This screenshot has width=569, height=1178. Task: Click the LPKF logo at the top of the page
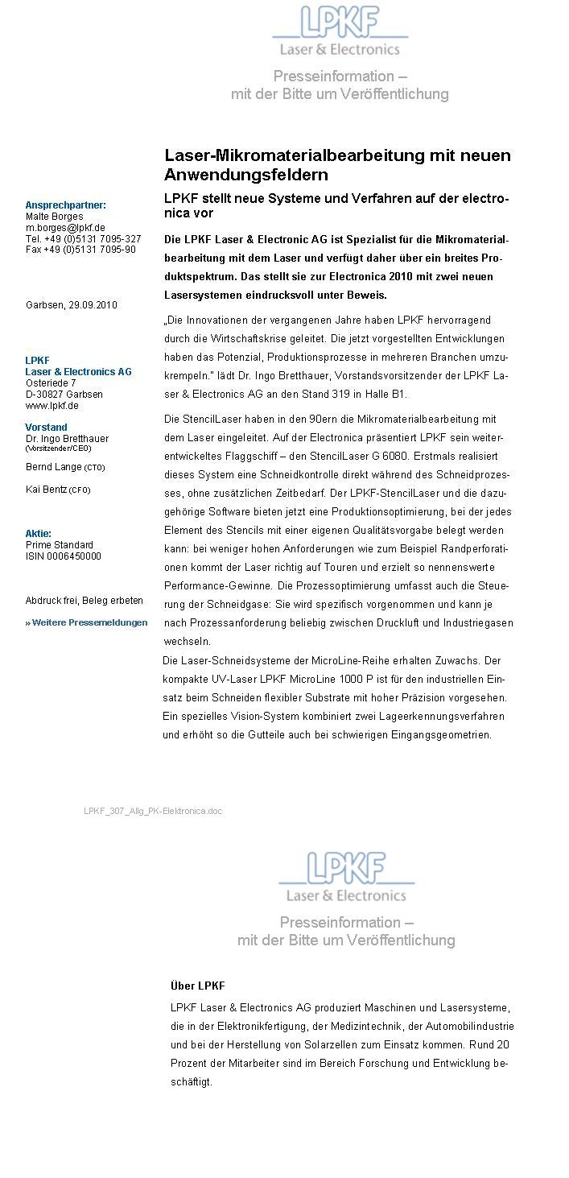[x=340, y=31]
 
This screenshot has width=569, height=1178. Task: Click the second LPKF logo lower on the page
[x=346, y=877]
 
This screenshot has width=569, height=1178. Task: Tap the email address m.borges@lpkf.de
[x=65, y=228]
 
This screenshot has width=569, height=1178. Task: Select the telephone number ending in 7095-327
[x=83, y=239]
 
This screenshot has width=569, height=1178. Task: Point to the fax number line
[x=80, y=250]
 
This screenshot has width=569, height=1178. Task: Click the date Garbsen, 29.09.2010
[x=72, y=305]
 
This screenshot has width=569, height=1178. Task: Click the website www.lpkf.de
[x=52, y=406]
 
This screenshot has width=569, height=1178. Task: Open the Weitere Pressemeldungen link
[x=87, y=622]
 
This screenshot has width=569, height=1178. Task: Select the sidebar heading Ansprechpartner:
[x=65, y=205]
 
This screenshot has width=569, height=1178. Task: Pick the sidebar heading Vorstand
[x=46, y=427]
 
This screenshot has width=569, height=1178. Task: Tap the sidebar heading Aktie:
[x=38, y=533]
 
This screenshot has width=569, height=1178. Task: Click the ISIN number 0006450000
[x=64, y=556]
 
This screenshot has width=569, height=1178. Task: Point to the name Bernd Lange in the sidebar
[x=54, y=467]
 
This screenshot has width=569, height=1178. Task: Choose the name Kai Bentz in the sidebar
[x=47, y=490]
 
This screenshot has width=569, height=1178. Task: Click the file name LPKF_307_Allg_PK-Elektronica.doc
[x=153, y=811]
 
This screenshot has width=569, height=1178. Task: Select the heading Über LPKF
[x=197, y=986]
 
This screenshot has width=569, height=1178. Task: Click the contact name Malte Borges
[x=54, y=217]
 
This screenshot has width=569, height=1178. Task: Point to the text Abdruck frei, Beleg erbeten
[x=85, y=601]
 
